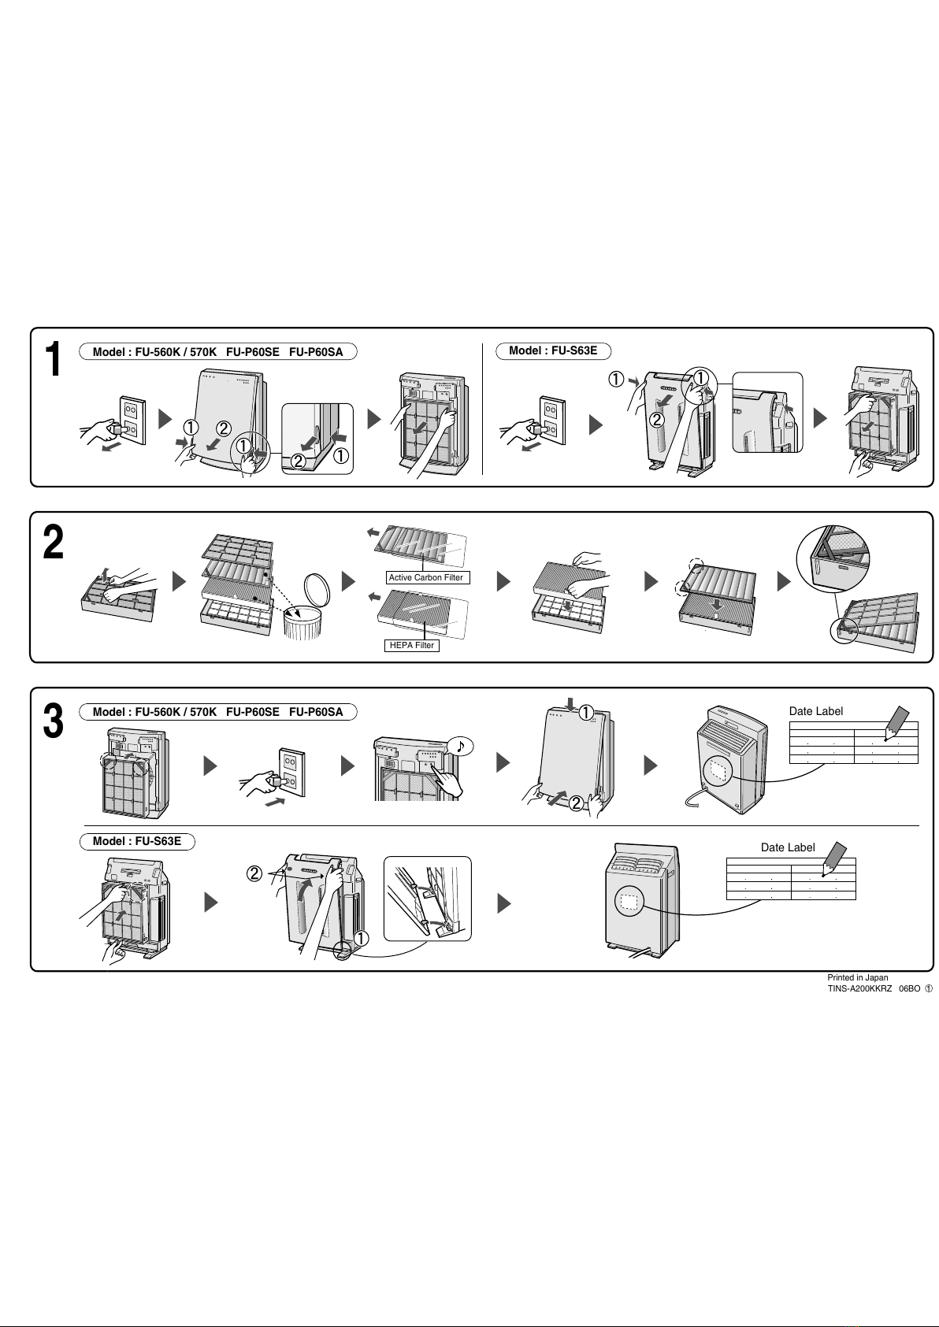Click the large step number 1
(x=52, y=359)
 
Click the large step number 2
(x=53, y=543)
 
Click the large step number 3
(x=53, y=721)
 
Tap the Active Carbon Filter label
(x=426, y=577)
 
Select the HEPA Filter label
(x=412, y=645)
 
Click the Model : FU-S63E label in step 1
(x=553, y=350)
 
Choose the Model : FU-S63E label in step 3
(x=137, y=841)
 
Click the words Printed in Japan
(x=857, y=977)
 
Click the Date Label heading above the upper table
(x=815, y=711)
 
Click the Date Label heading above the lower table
(x=788, y=847)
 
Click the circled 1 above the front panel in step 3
(x=587, y=713)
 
